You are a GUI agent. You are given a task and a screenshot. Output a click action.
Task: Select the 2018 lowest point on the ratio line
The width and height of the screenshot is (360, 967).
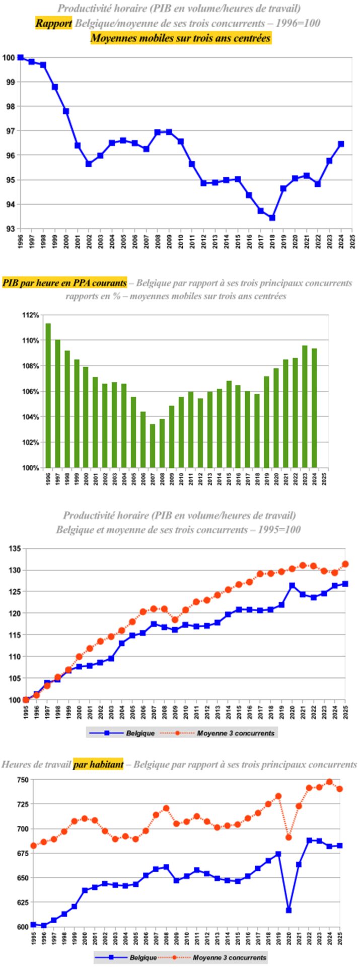(x=272, y=218)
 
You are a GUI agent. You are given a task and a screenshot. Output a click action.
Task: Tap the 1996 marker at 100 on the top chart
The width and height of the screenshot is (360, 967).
(x=20, y=57)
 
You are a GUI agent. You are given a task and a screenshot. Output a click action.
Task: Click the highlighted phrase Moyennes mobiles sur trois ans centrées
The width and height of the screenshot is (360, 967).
(x=181, y=38)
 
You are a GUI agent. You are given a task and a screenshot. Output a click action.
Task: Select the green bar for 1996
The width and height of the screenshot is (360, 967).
(x=48, y=395)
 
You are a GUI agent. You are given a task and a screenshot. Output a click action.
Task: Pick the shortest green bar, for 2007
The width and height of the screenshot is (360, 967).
(x=153, y=446)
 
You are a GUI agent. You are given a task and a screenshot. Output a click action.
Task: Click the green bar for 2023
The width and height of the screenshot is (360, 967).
(x=305, y=406)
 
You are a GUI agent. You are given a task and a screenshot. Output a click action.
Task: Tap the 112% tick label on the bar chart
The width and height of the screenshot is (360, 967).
(x=31, y=315)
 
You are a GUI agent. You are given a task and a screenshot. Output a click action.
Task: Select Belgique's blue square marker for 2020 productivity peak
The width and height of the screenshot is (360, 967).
(x=292, y=586)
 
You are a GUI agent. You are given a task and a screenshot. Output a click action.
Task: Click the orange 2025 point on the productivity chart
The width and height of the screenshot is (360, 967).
(x=345, y=564)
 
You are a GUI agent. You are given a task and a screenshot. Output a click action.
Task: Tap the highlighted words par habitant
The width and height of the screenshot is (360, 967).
(x=98, y=765)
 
